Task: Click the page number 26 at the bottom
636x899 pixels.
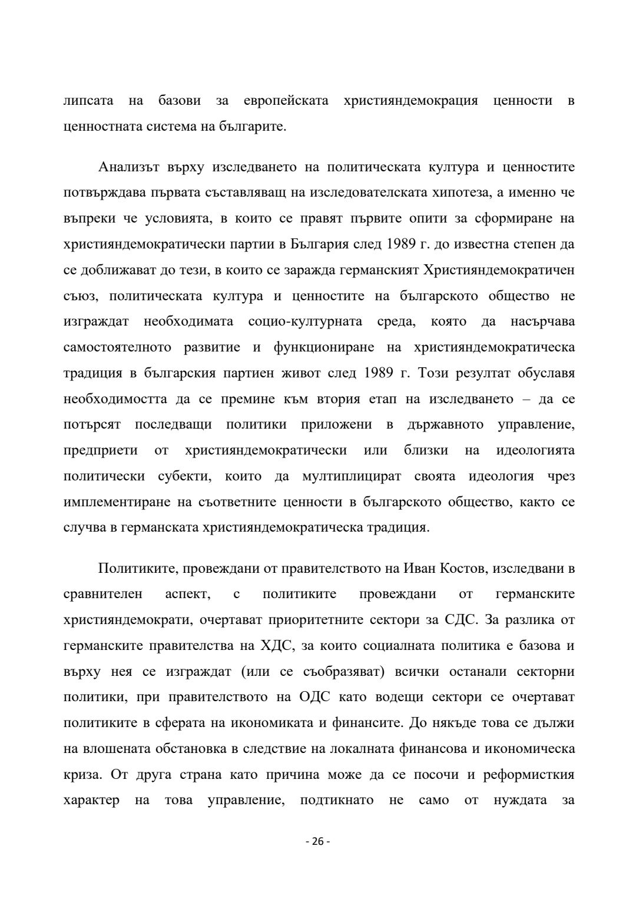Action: click(x=317, y=841)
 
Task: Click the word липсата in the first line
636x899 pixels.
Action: click(x=88, y=101)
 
